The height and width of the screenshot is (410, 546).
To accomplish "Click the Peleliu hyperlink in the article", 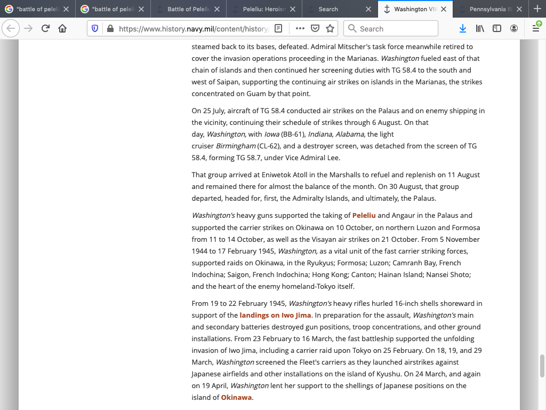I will (364, 216).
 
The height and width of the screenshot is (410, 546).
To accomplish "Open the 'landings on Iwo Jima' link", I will (275, 315).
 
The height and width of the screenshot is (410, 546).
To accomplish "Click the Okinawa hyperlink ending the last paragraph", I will (237, 397).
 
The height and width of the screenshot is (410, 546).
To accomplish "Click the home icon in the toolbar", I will (62, 28).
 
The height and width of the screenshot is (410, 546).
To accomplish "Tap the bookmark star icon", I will (330, 28).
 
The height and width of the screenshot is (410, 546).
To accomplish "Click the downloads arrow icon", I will (463, 28).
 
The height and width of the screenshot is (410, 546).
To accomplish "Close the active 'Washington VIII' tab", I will (444, 9).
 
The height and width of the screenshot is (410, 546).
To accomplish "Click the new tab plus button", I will (537, 9).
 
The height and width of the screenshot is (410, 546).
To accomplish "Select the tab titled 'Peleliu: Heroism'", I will (264, 9).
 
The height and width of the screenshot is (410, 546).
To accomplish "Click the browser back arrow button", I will (11, 28).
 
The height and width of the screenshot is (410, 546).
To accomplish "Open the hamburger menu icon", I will (536, 28).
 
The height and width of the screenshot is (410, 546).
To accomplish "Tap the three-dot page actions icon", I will (300, 28).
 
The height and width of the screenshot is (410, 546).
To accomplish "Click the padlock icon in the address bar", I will (110, 29).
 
